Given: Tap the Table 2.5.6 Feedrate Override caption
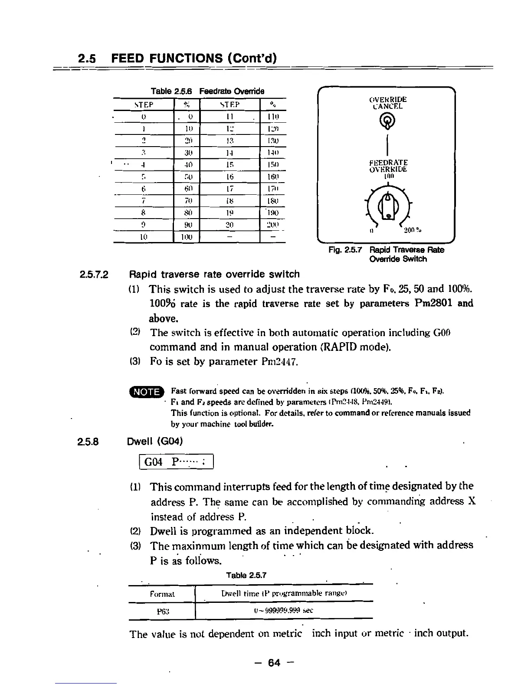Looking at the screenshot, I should click(x=207, y=91).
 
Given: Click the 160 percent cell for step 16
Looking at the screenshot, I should click(x=273, y=177).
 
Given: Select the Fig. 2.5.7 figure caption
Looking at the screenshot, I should click(x=386, y=254).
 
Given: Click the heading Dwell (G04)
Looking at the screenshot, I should click(x=154, y=441).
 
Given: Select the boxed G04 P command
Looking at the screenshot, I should click(x=176, y=461).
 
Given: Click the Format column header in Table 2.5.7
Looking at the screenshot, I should click(x=162, y=593).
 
